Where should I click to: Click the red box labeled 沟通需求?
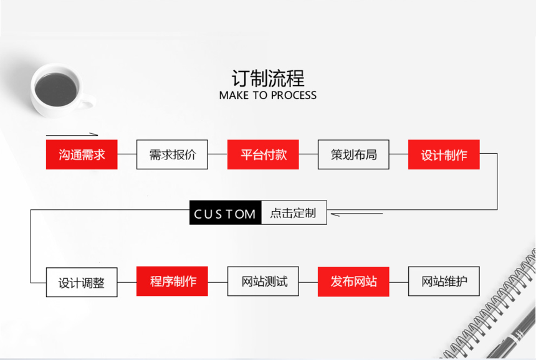(82, 154)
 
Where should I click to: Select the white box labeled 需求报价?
(172, 154)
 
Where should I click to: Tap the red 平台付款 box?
(263, 154)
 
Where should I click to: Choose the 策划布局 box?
(353, 154)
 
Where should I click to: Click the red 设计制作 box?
(444, 154)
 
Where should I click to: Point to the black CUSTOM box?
(225, 213)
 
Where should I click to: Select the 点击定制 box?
(294, 213)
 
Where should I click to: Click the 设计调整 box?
(82, 282)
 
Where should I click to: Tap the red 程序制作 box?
(172, 282)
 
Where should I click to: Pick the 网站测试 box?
(263, 282)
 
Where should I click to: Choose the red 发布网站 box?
(353, 282)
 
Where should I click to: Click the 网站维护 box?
(444, 282)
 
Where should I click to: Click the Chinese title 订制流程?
(268, 78)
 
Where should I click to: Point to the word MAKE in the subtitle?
(234, 95)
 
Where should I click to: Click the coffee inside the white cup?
(55, 88)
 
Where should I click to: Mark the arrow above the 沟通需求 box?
(72, 134)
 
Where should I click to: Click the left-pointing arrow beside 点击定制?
(355, 214)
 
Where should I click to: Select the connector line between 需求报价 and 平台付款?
(217, 154)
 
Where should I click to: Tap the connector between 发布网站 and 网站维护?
(398, 282)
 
